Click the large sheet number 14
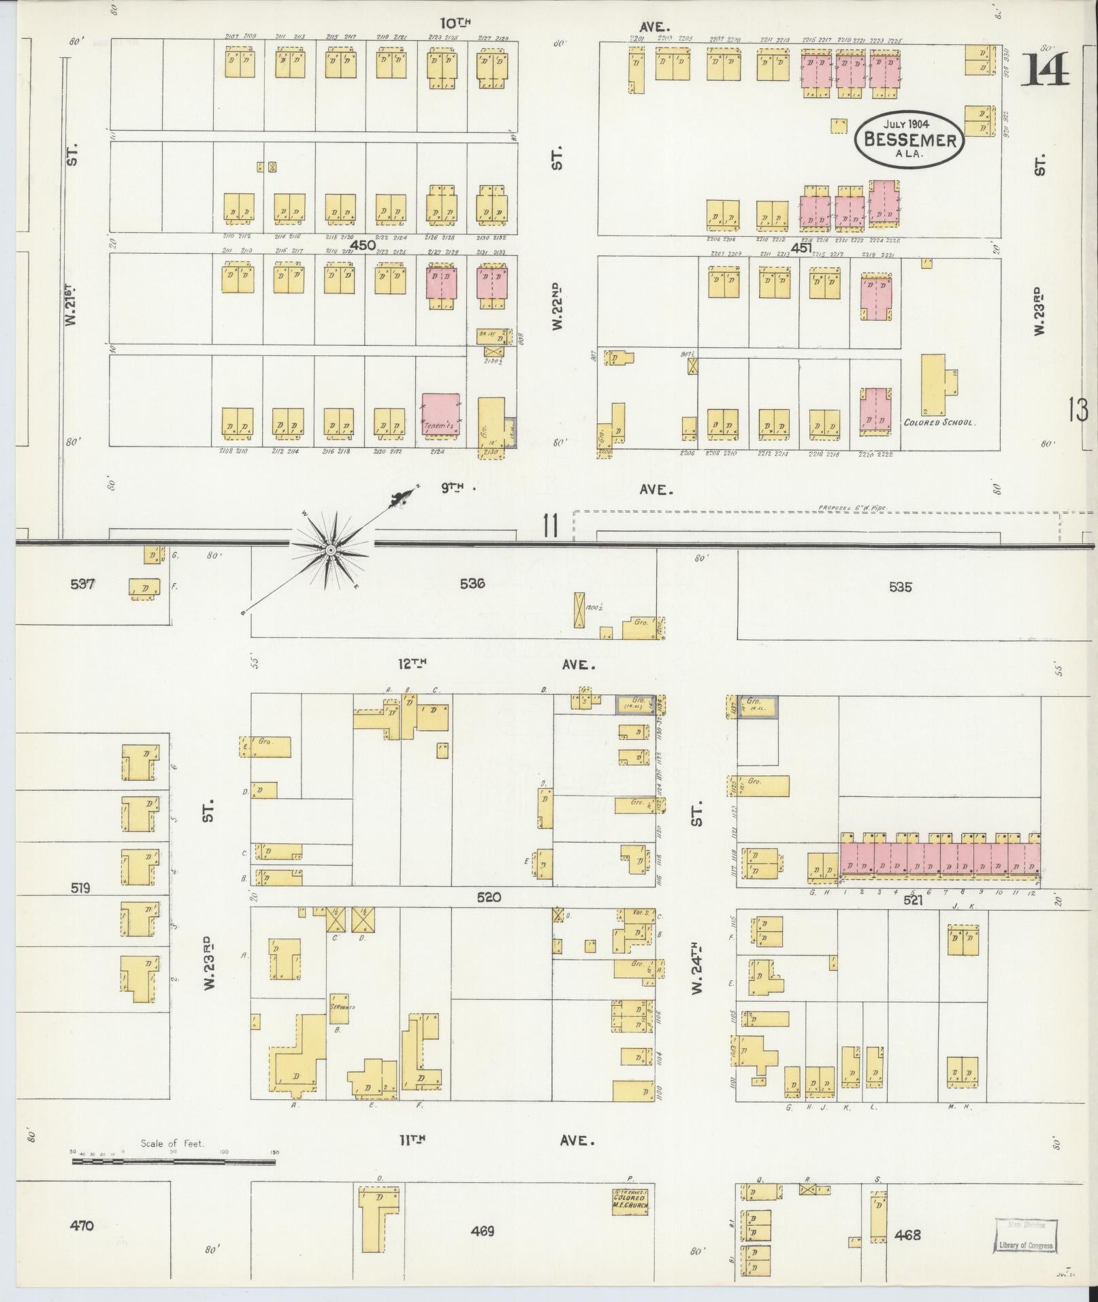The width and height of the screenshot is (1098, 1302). (1044, 71)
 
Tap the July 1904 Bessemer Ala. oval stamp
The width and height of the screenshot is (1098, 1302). (909, 139)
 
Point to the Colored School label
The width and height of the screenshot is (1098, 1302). (939, 422)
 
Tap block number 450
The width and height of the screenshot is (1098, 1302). (363, 245)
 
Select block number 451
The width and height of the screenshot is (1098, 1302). (801, 248)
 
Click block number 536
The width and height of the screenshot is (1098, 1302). (472, 583)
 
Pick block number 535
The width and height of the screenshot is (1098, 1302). (899, 587)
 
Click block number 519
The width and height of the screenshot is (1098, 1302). (79, 888)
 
